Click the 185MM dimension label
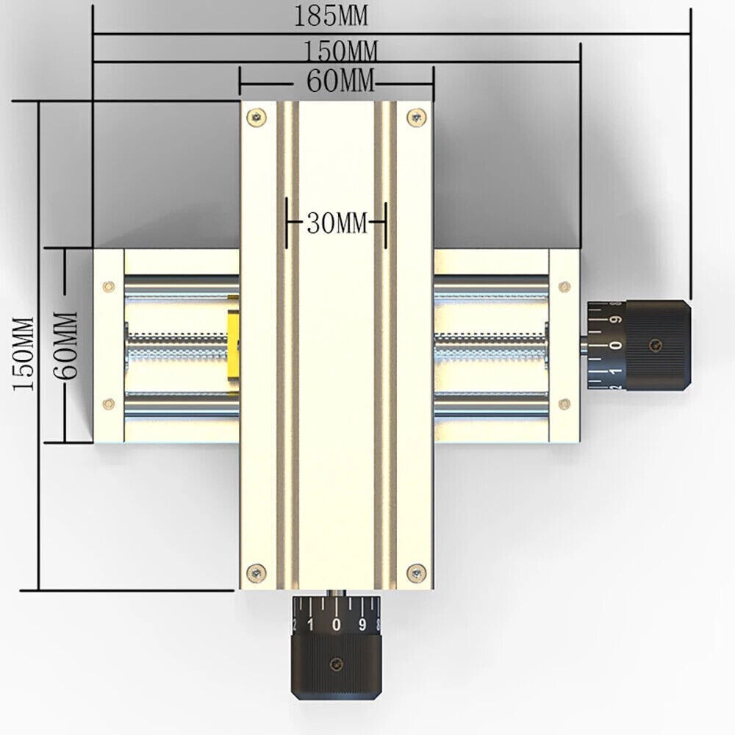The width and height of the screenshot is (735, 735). click(x=331, y=15)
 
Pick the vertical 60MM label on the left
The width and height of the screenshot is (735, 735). click(x=66, y=345)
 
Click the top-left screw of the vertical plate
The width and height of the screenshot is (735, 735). click(x=255, y=115)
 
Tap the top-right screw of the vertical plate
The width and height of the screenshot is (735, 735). click(x=418, y=115)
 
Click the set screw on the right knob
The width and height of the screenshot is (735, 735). click(x=655, y=345)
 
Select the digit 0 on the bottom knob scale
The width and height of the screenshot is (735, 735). click(x=336, y=625)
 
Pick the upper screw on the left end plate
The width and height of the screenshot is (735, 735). click(x=109, y=285)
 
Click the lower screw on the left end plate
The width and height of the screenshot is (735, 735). click(x=109, y=402)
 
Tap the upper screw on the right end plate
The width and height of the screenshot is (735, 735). click(x=564, y=286)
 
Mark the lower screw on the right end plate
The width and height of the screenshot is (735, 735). click(x=564, y=402)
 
